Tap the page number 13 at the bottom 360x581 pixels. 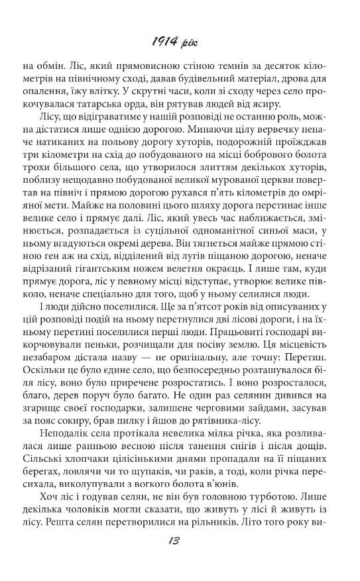click(x=180, y=559)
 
